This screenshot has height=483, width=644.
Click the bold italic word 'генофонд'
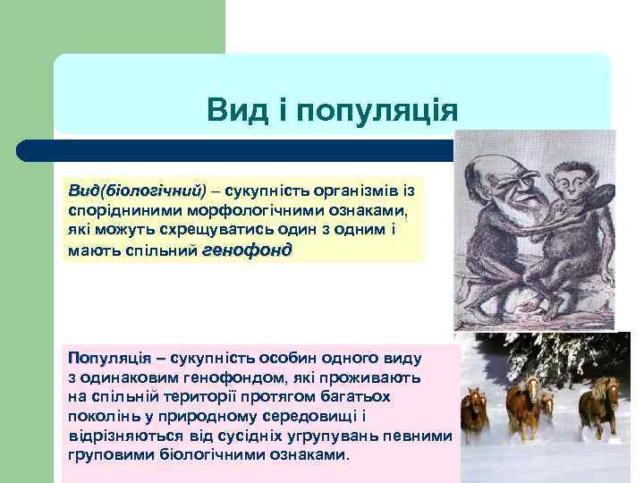coord(247,250)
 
